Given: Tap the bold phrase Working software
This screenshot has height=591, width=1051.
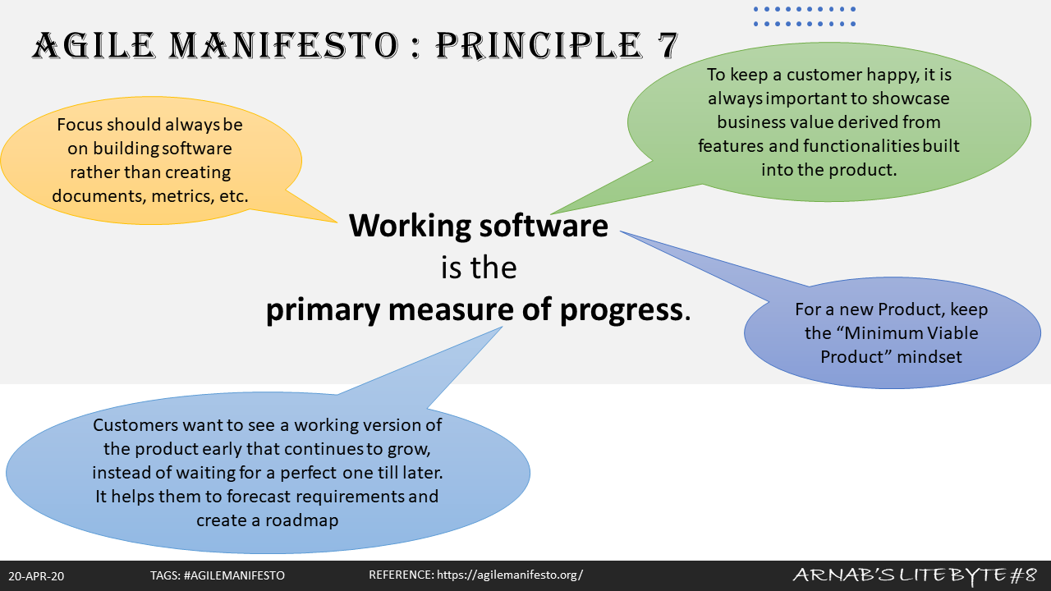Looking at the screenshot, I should (x=479, y=226).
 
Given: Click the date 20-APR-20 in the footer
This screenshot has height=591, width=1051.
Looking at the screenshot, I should (x=36, y=576).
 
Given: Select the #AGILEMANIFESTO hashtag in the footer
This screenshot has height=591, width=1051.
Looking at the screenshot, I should (x=236, y=576).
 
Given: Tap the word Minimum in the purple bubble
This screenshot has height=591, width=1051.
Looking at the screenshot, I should (x=885, y=333).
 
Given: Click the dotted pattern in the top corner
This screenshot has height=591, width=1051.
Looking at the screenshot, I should (x=805, y=16).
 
